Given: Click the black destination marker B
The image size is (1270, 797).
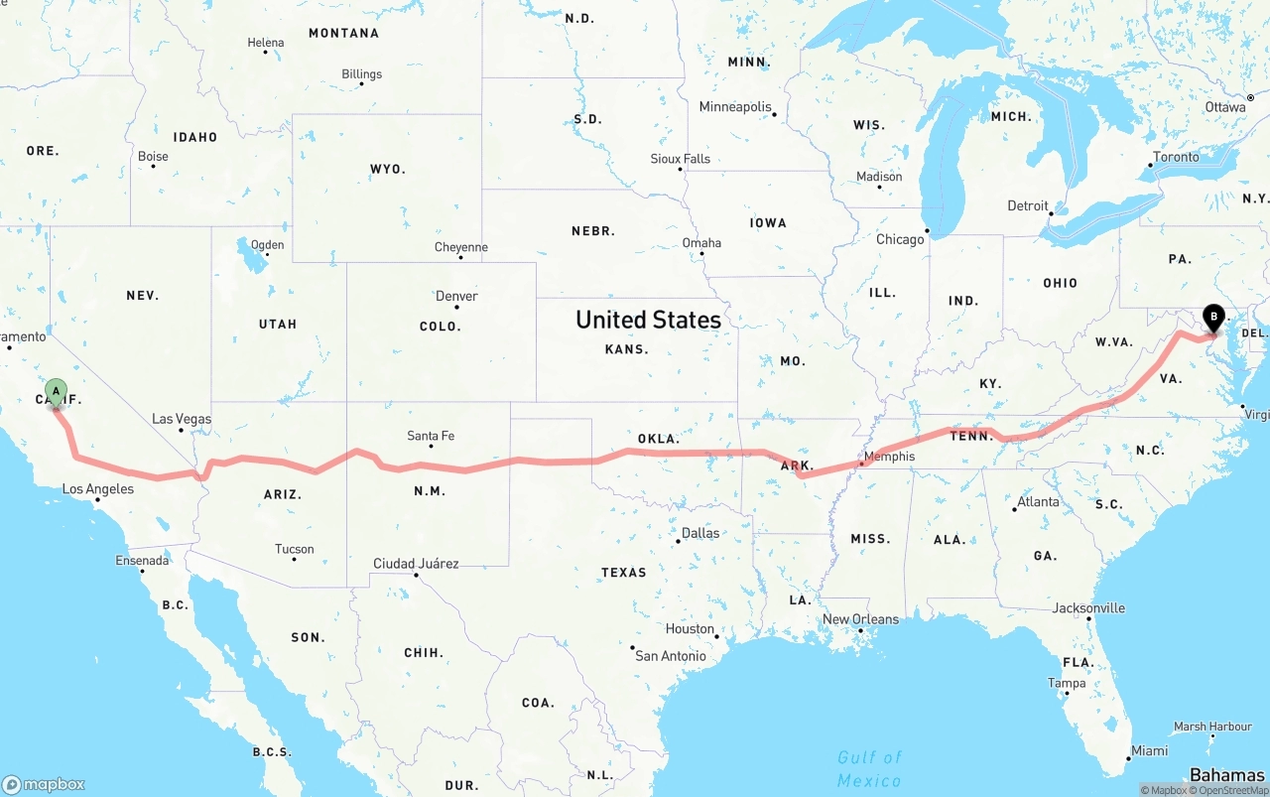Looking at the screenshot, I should coord(1213,319).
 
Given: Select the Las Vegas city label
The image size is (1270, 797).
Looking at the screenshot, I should coord(182,420).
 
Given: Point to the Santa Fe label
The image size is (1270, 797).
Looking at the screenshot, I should coord(431,436).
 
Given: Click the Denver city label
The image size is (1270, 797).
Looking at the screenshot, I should coord(456,296).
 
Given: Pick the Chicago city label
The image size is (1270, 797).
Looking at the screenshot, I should coord(900,239).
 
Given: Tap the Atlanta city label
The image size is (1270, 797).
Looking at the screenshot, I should coord(1038,502).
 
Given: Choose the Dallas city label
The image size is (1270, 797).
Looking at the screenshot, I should coord(700,533).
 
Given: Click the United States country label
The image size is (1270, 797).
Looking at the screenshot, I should coord(648,320).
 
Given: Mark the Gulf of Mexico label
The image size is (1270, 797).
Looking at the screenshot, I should coord(869,768).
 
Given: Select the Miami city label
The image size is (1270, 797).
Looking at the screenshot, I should coord(1149,751).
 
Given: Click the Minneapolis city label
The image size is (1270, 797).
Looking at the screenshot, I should coord(735,107).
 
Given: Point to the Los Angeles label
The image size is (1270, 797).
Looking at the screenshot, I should coord(98,489).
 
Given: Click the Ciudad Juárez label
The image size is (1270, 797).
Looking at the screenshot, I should coord(416,564).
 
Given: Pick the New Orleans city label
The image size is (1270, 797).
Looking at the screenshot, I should coord(860,619).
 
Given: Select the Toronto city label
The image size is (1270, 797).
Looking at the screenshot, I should coord(1176,157).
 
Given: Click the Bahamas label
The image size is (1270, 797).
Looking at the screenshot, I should coord(1226,775).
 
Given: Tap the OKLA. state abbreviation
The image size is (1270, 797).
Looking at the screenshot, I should coord(659,439).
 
